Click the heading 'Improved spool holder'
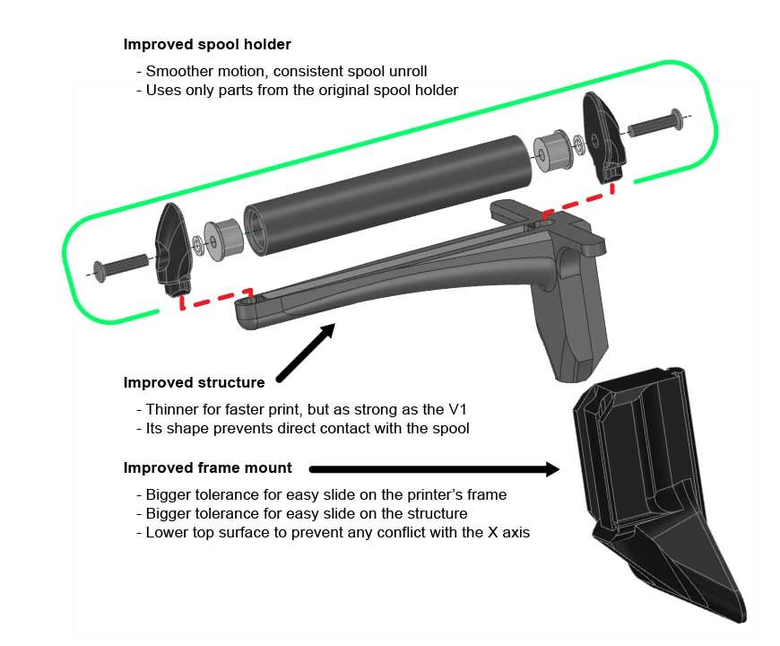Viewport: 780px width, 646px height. [207, 44]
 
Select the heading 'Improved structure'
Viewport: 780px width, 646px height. [194, 382]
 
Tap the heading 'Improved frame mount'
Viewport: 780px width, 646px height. [207, 467]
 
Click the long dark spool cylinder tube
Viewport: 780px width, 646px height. [388, 196]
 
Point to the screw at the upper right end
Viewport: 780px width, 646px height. [655, 123]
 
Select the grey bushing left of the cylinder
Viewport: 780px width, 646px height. [223, 239]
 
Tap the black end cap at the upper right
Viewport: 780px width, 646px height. [602, 137]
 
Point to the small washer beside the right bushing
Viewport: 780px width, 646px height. [578, 144]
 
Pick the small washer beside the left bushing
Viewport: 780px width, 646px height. [197, 243]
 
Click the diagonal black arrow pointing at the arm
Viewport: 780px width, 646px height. [306, 353]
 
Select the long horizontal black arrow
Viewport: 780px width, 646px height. [434, 469]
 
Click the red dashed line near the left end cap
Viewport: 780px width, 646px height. [214, 299]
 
